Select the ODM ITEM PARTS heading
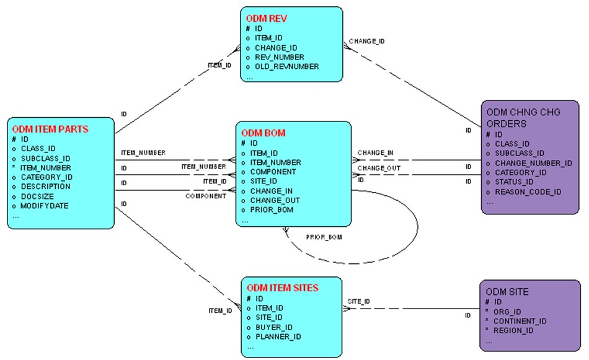click(50, 130)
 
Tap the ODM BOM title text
click(263, 133)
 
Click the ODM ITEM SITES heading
click(283, 288)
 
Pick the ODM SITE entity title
click(508, 292)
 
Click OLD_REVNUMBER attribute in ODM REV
click(286, 66)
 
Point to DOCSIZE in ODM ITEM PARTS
click(38, 196)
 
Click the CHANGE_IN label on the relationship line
click(375, 153)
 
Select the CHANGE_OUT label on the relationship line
click(378, 167)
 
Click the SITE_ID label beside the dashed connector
click(359, 301)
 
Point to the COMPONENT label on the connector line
click(205, 196)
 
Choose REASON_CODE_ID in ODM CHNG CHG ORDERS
click(528, 192)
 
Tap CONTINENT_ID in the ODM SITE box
click(520, 321)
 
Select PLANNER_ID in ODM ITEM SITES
click(278, 336)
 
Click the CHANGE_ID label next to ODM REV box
click(366, 42)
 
